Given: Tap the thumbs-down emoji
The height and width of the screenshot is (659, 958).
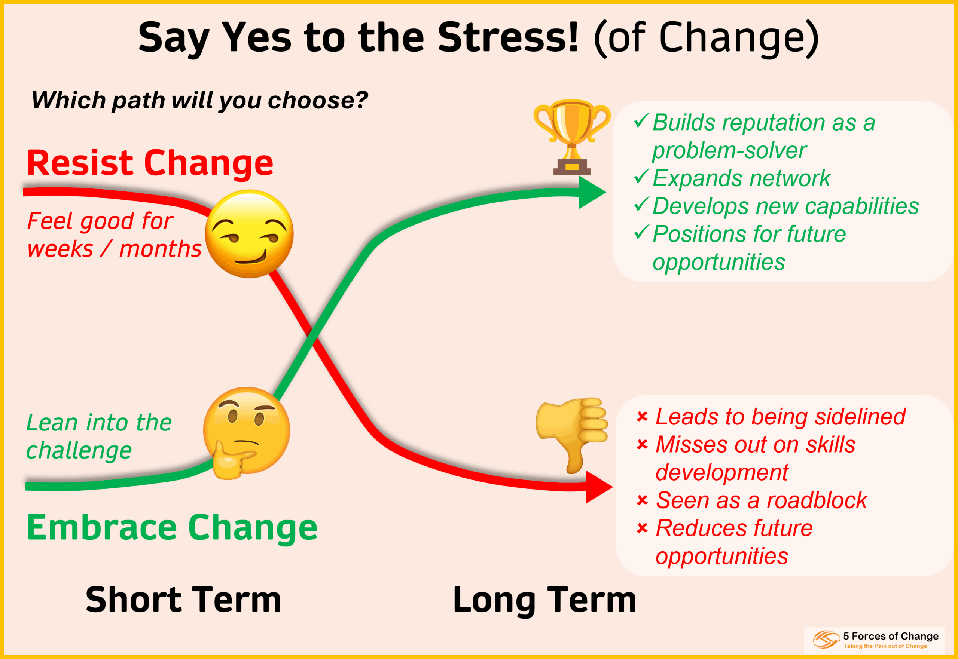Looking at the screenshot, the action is click(572, 435).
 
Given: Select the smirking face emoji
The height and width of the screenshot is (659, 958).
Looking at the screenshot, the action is click(249, 234).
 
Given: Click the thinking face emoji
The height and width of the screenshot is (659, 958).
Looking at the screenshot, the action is click(246, 433).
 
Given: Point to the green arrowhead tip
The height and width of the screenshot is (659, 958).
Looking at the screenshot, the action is click(606, 192).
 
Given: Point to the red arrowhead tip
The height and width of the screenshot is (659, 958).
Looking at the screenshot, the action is click(613, 487).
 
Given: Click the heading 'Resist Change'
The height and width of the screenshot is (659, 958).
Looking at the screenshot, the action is click(150, 163).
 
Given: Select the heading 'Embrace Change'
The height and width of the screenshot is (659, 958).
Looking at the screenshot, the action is click(172, 528).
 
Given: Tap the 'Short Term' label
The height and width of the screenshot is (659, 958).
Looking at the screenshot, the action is click(183, 600).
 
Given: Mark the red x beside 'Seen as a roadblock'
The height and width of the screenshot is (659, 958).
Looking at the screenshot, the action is click(643, 500).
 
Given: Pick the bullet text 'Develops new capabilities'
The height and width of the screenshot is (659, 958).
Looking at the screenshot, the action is click(785, 206).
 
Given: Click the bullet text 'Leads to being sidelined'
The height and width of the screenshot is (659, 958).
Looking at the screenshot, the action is click(780, 417).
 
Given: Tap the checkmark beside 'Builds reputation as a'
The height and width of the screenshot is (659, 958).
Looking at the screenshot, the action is click(641, 120).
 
